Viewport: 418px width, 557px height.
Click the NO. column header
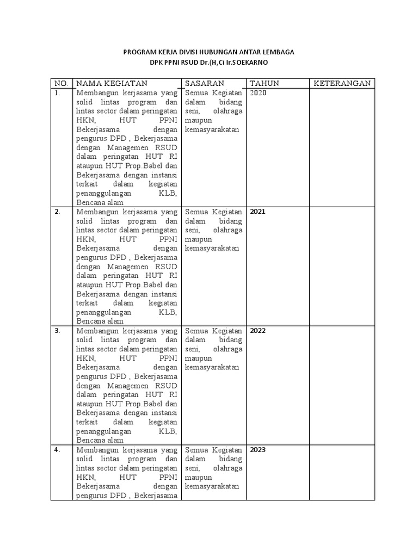click(60, 83)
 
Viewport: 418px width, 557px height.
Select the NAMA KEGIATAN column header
click(112, 83)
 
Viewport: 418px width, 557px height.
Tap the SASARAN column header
click(205, 83)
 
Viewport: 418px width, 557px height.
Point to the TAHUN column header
click(264, 83)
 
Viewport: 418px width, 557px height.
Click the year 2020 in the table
click(259, 93)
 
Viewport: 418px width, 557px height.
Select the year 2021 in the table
click(257, 212)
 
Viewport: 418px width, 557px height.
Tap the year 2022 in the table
click(258, 330)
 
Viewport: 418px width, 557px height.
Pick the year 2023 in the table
click(258, 450)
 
